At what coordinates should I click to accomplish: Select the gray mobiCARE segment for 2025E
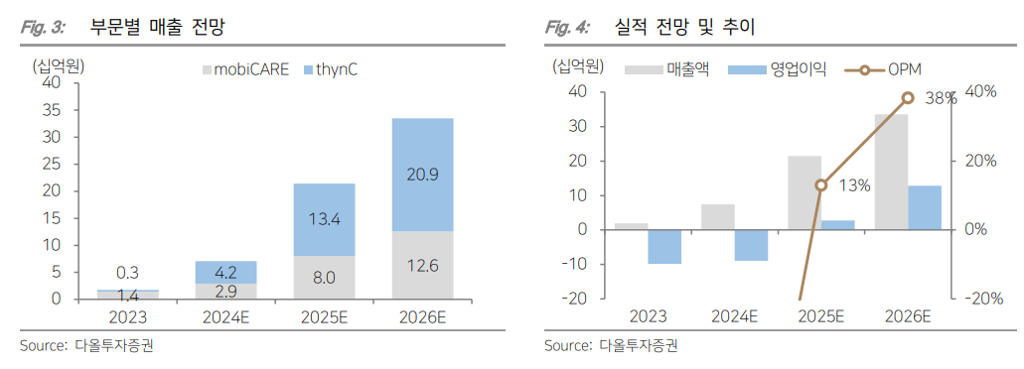pyautogui.click(x=325, y=277)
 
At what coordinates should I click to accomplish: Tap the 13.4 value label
pyautogui.click(x=325, y=219)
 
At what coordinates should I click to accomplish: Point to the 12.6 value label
pyautogui.click(x=422, y=265)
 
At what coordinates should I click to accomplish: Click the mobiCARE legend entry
pyautogui.click(x=244, y=70)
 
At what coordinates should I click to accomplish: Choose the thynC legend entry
pyautogui.click(x=335, y=70)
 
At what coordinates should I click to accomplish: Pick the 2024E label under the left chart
pyautogui.click(x=226, y=317)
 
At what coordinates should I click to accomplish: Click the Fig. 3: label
pyautogui.click(x=43, y=27)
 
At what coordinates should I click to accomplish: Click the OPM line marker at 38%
pyautogui.click(x=908, y=97)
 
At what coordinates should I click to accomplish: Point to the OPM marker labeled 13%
pyautogui.click(x=821, y=184)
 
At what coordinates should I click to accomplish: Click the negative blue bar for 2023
pyautogui.click(x=664, y=246)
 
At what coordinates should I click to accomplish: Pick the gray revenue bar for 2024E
pyautogui.click(x=718, y=216)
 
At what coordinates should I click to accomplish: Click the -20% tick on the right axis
pyautogui.click(x=978, y=299)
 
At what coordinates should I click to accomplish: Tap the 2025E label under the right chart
pyautogui.click(x=820, y=317)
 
